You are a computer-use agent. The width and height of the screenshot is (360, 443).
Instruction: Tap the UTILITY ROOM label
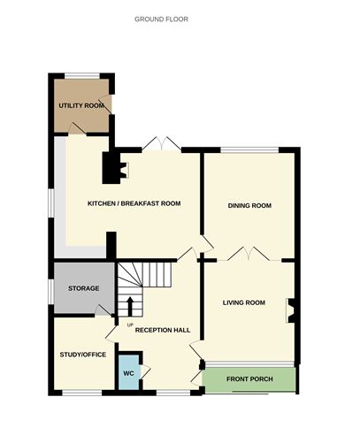tap(81, 106)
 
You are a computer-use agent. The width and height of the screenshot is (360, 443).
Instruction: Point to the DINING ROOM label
tap(249, 205)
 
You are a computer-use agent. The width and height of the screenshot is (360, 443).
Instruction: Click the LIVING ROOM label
tap(243, 302)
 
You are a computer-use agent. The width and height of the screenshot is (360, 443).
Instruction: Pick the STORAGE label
tap(84, 289)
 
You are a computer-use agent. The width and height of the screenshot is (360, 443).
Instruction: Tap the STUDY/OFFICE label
tap(83, 355)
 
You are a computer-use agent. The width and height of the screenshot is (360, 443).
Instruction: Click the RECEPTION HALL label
tap(163, 330)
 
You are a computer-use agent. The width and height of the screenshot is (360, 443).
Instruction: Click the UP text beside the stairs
tap(130, 326)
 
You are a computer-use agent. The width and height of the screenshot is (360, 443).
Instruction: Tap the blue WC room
tap(129, 370)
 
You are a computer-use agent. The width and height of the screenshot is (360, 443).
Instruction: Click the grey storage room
tap(82, 287)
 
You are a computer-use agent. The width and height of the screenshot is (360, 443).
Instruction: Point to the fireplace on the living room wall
tap(289, 311)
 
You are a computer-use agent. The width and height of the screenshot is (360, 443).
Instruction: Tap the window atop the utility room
tap(81, 75)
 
